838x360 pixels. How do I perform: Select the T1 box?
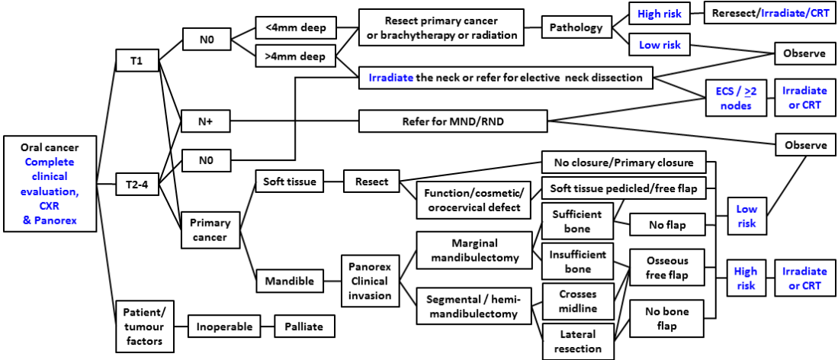point(136,62)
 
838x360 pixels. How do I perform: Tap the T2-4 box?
point(136,183)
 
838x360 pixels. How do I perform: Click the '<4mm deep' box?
point(295,29)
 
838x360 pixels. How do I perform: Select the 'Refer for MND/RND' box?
point(452,121)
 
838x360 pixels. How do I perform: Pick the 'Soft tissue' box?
point(289,182)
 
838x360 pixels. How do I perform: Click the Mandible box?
point(289,281)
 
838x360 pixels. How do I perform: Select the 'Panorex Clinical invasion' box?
point(369,281)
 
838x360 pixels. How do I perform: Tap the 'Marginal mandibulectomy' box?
point(474,250)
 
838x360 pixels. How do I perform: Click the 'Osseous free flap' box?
point(667,268)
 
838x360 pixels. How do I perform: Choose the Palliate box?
point(304,326)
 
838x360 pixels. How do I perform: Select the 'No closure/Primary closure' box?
point(623,162)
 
